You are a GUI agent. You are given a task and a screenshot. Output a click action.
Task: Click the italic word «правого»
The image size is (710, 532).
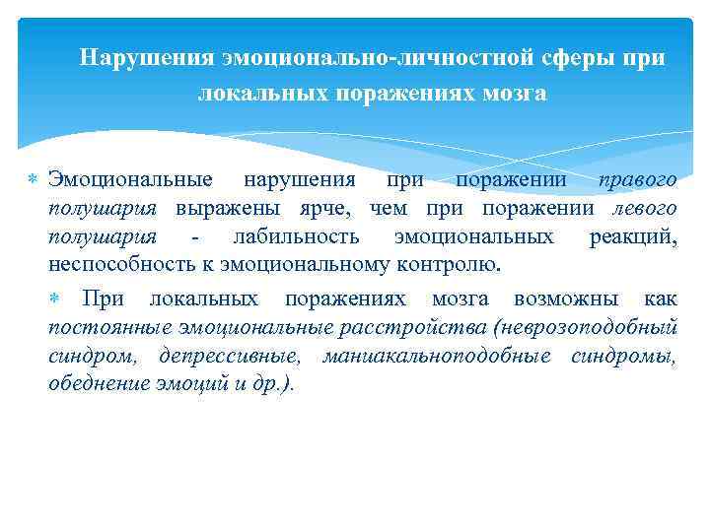639,180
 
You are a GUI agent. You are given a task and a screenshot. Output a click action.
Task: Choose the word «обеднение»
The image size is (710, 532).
98,383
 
